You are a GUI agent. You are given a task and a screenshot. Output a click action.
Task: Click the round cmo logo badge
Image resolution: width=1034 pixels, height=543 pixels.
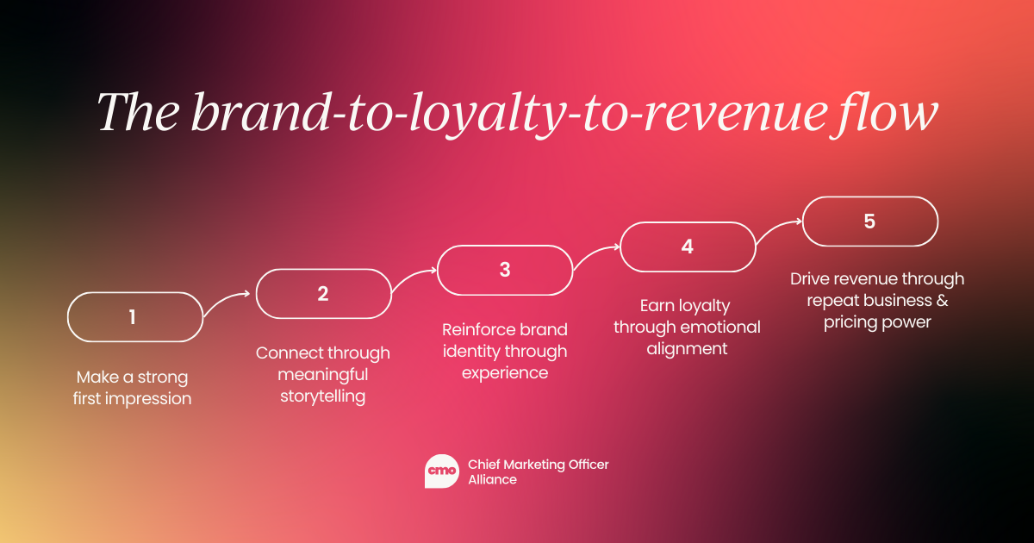442,471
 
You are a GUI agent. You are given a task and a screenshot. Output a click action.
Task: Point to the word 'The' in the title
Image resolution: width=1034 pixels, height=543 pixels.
138,112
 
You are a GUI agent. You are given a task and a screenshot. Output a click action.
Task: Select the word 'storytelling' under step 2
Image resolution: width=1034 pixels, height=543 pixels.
322,396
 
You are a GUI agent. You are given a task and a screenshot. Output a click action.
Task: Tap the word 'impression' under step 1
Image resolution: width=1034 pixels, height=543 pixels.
148,399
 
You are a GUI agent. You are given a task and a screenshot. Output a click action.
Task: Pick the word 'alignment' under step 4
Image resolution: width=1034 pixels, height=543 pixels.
687,348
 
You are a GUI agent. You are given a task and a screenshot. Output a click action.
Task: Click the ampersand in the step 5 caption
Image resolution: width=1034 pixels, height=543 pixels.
942,301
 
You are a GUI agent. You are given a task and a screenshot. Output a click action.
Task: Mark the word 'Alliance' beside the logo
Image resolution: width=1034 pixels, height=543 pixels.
493,480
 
